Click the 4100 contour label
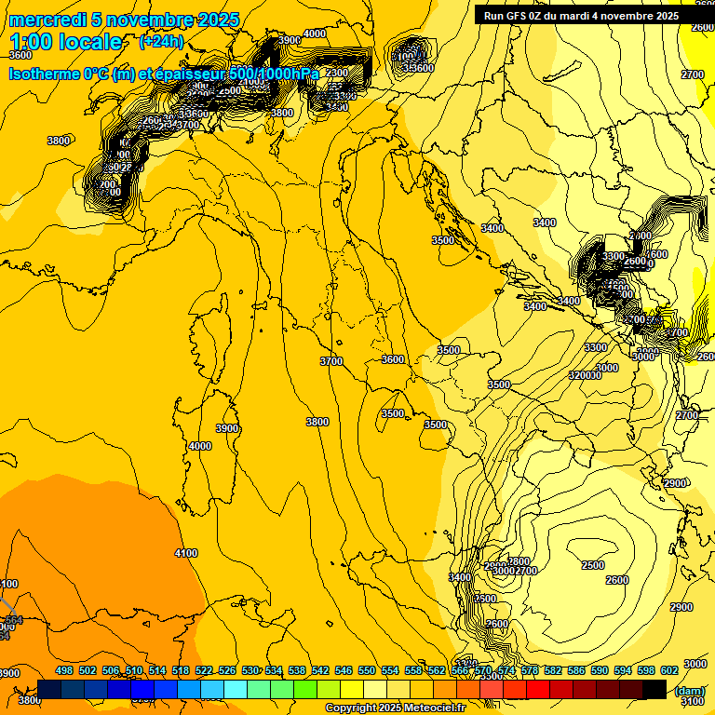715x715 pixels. click(x=186, y=553)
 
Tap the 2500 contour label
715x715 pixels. click(x=592, y=565)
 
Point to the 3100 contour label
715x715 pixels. click(x=694, y=701)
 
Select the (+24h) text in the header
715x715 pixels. click(x=161, y=42)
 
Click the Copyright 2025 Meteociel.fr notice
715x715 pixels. click(x=395, y=708)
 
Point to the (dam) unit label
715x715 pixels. click(x=690, y=691)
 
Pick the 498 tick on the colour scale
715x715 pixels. click(x=64, y=670)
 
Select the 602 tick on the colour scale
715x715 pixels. click(x=668, y=670)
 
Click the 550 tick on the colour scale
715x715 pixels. click(x=367, y=670)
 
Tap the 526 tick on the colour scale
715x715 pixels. click(x=227, y=670)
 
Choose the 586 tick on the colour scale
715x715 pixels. click(x=575, y=670)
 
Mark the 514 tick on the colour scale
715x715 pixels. click(x=157, y=670)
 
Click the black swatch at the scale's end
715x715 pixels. click(x=654, y=689)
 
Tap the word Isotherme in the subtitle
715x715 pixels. click(x=44, y=74)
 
